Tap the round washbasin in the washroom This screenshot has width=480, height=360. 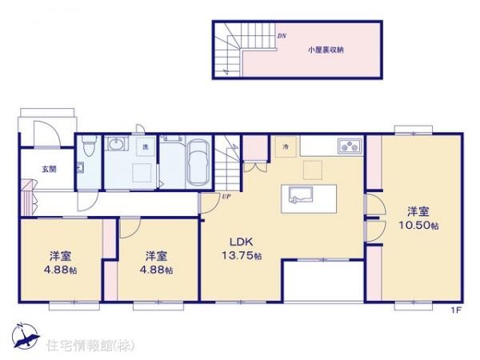point(118,144)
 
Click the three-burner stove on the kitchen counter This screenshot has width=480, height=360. point(350,146)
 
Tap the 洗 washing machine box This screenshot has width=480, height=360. point(145,147)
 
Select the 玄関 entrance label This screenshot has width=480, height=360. point(50,169)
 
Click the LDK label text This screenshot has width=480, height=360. point(242,241)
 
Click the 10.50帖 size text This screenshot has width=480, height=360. point(417,226)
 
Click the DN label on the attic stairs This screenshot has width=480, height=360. point(281,36)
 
